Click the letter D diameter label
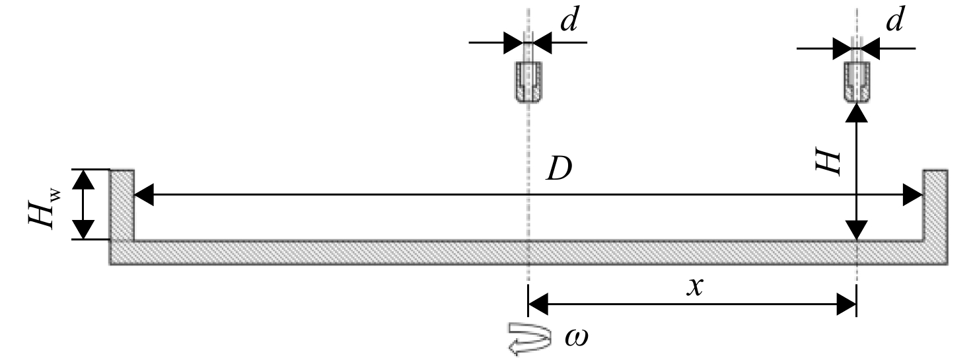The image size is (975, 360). tap(560, 169)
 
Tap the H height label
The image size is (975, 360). tap(828, 162)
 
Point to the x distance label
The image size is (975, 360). tap(695, 287)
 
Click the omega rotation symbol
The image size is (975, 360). tap(576, 338)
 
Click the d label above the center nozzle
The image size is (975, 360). tap(569, 20)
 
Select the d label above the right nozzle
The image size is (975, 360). tap(895, 20)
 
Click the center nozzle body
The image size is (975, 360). tap(529, 83)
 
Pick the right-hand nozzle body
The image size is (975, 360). tap(857, 83)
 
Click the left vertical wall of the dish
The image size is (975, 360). tap(122, 205)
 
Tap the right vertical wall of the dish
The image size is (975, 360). tap(935, 205)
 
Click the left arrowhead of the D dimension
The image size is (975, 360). tap(143, 195)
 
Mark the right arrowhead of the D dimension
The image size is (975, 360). tap(913, 195)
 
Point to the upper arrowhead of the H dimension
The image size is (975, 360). tap(857, 113)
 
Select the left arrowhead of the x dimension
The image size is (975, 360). tap(538, 305)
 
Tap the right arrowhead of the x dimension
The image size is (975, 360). tap(847, 305)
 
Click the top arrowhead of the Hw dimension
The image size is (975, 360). tap(83, 179)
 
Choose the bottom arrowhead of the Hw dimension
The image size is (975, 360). tap(83, 229)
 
